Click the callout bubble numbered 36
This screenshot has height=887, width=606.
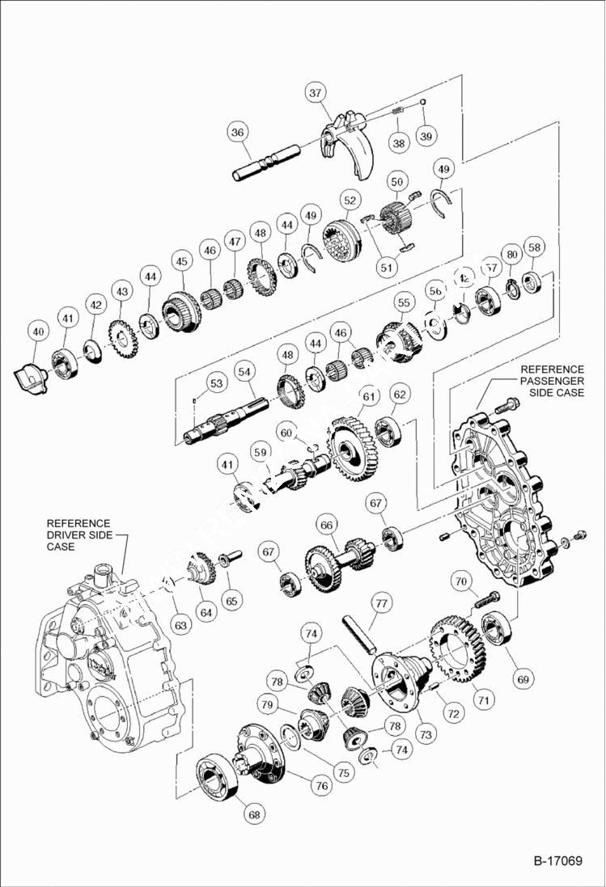coord(236,133)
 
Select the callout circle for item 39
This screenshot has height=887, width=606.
coord(426,136)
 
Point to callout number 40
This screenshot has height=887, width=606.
coord(36,331)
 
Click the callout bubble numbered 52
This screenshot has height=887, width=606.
coord(350,200)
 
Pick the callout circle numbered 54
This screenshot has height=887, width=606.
coord(245,370)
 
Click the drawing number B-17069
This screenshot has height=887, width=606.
coord(557,860)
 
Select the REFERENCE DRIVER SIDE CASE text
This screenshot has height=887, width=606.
coord(78,534)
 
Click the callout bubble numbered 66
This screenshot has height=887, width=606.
coord(326,525)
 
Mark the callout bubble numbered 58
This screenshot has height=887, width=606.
coord(533,247)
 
